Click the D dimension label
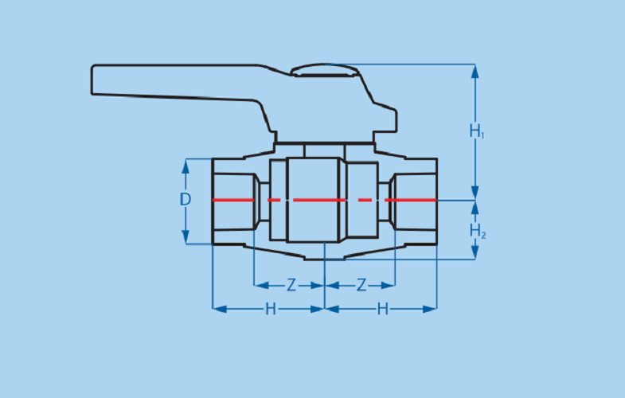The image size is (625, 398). pyautogui.click(x=186, y=199)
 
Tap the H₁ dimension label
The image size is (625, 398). pyautogui.click(x=477, y=131)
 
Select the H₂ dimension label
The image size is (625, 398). pyautogui.click(x=478, y=231)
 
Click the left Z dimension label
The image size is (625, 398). pyautogui.click(x=291, y=285)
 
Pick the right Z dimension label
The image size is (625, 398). pyautogui.click(x=361, y=285)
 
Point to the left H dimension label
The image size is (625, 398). pyautogui.click(x=271, y=309)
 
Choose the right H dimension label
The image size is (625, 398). pyautogui.click(x=383, y=309)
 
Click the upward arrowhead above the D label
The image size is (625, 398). pyautogui.click(x=186, y=166)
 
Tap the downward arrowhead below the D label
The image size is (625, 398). pyautogui.click(x=186, y=236)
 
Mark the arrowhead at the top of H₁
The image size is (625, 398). pyautogui.click(x=475, y=72)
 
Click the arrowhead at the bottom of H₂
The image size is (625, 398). pyautogui.click(x=475, y=252)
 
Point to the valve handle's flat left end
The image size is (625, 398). pyautogui.click(x=92, y=80)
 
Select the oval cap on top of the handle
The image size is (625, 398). pyautogui.click(x=325, y=70)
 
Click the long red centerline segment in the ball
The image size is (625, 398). pyautogui.click(x=319, y=200)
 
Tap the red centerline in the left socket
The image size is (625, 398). pyautogui.click(x=233, y=200)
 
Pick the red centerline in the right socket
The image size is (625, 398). pyautogui.click(x=411, y=200)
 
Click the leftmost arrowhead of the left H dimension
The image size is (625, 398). pyautogui.click(x=220, y=309)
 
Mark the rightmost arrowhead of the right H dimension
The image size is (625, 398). pyautogui.click(x=430, y=309)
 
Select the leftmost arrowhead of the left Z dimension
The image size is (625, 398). pyautogui.click(x=261, y=285)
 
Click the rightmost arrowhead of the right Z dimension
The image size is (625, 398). pyautogui.click(x=388, y=285)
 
